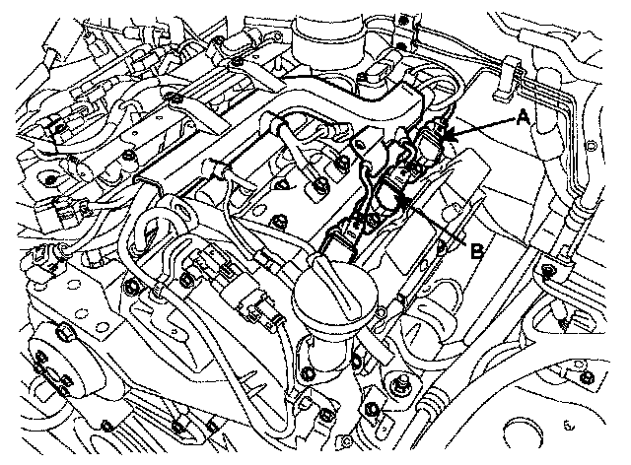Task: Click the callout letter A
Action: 523,117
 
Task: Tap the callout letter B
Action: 477,252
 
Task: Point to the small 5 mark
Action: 568,426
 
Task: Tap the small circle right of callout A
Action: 591,145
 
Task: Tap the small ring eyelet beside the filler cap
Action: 379,311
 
